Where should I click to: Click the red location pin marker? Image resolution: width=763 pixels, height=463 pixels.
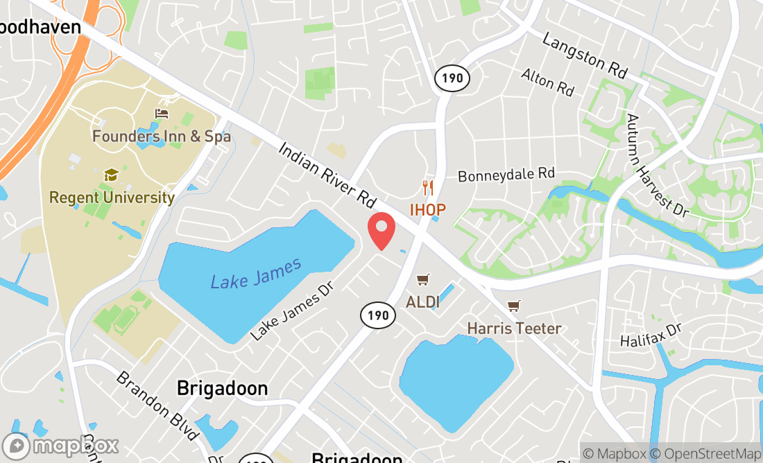(x=381, y=231)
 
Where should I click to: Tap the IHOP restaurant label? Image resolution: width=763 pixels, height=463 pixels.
(x=427, y=209)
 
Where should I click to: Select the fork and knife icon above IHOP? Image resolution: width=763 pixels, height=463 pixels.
(x=428, y=187)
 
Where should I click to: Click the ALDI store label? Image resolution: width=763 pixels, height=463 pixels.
(x=422, y=302)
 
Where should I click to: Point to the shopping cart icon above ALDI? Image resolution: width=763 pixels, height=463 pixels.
(x=422, y=279)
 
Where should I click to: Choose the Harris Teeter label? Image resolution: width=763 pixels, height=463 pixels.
(x=514, y=328)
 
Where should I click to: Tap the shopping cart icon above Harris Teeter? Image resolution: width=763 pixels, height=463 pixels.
(x=514, y=306)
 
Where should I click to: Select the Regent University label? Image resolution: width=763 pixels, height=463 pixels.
(x=112, y=198)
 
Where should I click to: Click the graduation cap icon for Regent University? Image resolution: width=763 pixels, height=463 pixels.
(x=110, y=175)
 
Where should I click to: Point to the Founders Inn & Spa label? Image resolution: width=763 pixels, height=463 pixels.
(x=162, y=137)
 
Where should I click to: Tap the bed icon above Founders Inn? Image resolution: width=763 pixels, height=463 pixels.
(x=162, y=114)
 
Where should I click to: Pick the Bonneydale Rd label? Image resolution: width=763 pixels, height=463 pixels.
(x=506, y=174)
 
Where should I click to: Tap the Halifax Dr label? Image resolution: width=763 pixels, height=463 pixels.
(x=653, y=340)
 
